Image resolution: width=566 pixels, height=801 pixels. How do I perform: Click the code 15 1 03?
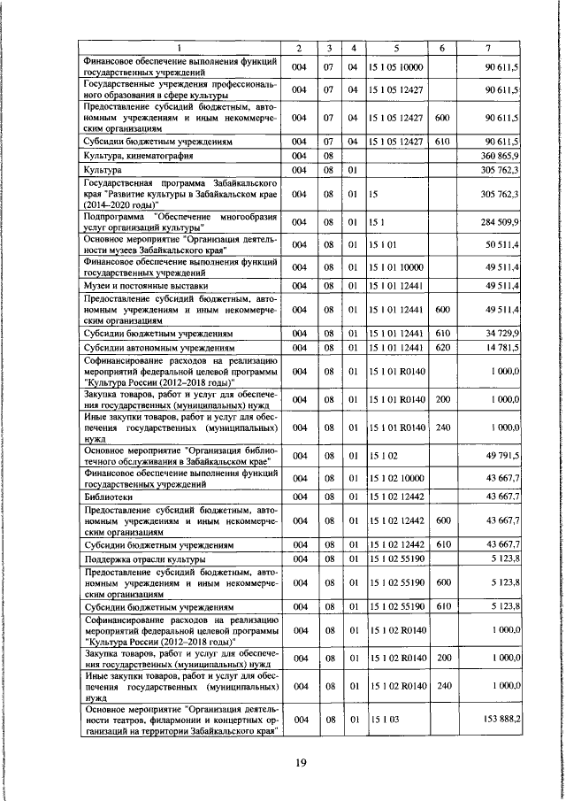[382, 720]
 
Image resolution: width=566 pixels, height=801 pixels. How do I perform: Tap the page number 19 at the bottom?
[302, 766]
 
